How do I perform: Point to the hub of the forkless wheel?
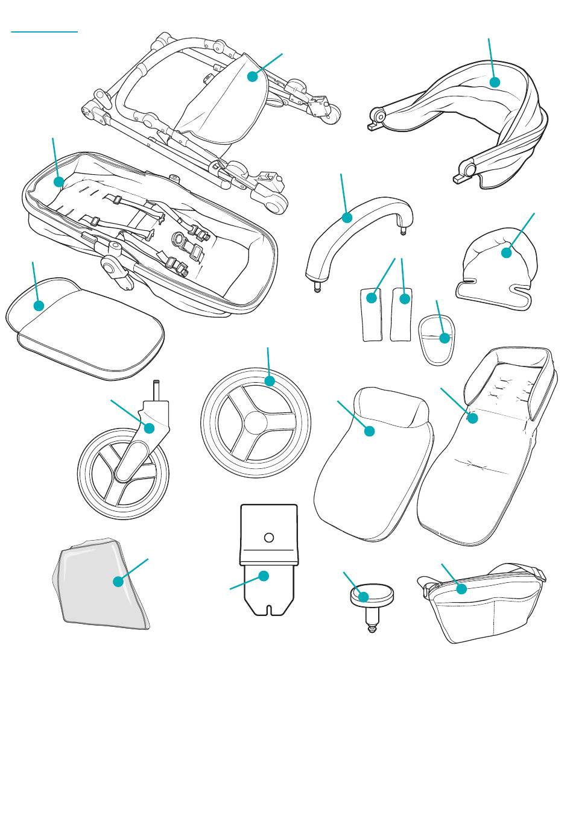click(256, 422)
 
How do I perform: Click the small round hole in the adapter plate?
click(270, 537)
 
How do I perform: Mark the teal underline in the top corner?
click(45, 31)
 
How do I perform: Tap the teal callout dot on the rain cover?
click(118, 582)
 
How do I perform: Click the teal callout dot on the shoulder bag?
click(461, 589)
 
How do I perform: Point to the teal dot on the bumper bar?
click(347, 218)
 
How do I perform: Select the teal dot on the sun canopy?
click(495, 82)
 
